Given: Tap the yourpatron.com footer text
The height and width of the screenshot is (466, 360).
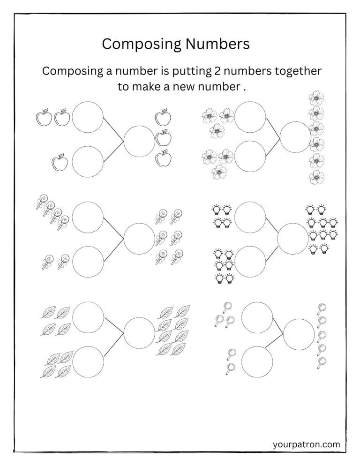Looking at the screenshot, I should [x=306, y=443].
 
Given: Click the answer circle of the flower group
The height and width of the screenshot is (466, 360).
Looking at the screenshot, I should [x=295, y=136].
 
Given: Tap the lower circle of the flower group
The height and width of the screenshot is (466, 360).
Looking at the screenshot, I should [x=250, y=156].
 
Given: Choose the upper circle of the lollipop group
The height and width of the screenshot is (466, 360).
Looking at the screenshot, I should [x=88, y=217].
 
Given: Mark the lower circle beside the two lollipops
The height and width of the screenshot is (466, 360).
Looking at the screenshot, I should [x=88, y=261].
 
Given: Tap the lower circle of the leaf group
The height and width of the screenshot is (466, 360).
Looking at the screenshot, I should [x=88, y=362].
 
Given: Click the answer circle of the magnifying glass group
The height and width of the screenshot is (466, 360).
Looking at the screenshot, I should [x=299, y=334].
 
